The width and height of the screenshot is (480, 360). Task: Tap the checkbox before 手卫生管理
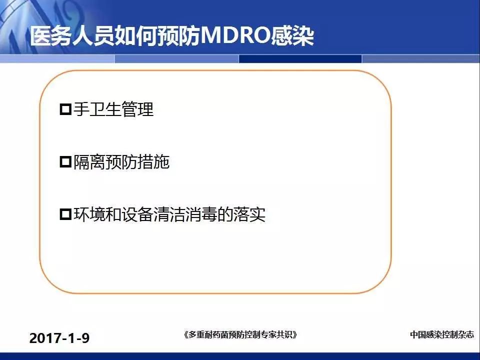coord(65,109)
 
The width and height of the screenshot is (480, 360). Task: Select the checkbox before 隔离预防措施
coord(65,161)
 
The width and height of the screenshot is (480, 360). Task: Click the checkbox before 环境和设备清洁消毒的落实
coord(65,214)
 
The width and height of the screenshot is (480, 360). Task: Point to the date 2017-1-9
coord(59,338)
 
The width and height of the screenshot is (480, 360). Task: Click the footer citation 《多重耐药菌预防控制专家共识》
coord(240,334)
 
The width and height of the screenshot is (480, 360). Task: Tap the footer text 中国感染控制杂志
coord(441,334)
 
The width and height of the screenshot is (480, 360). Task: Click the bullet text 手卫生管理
coord(113,109)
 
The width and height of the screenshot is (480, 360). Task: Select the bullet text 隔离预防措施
coord(121,161)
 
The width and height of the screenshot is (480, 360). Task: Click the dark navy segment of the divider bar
coord(300,59)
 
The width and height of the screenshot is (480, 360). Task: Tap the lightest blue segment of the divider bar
coord(57,59)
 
